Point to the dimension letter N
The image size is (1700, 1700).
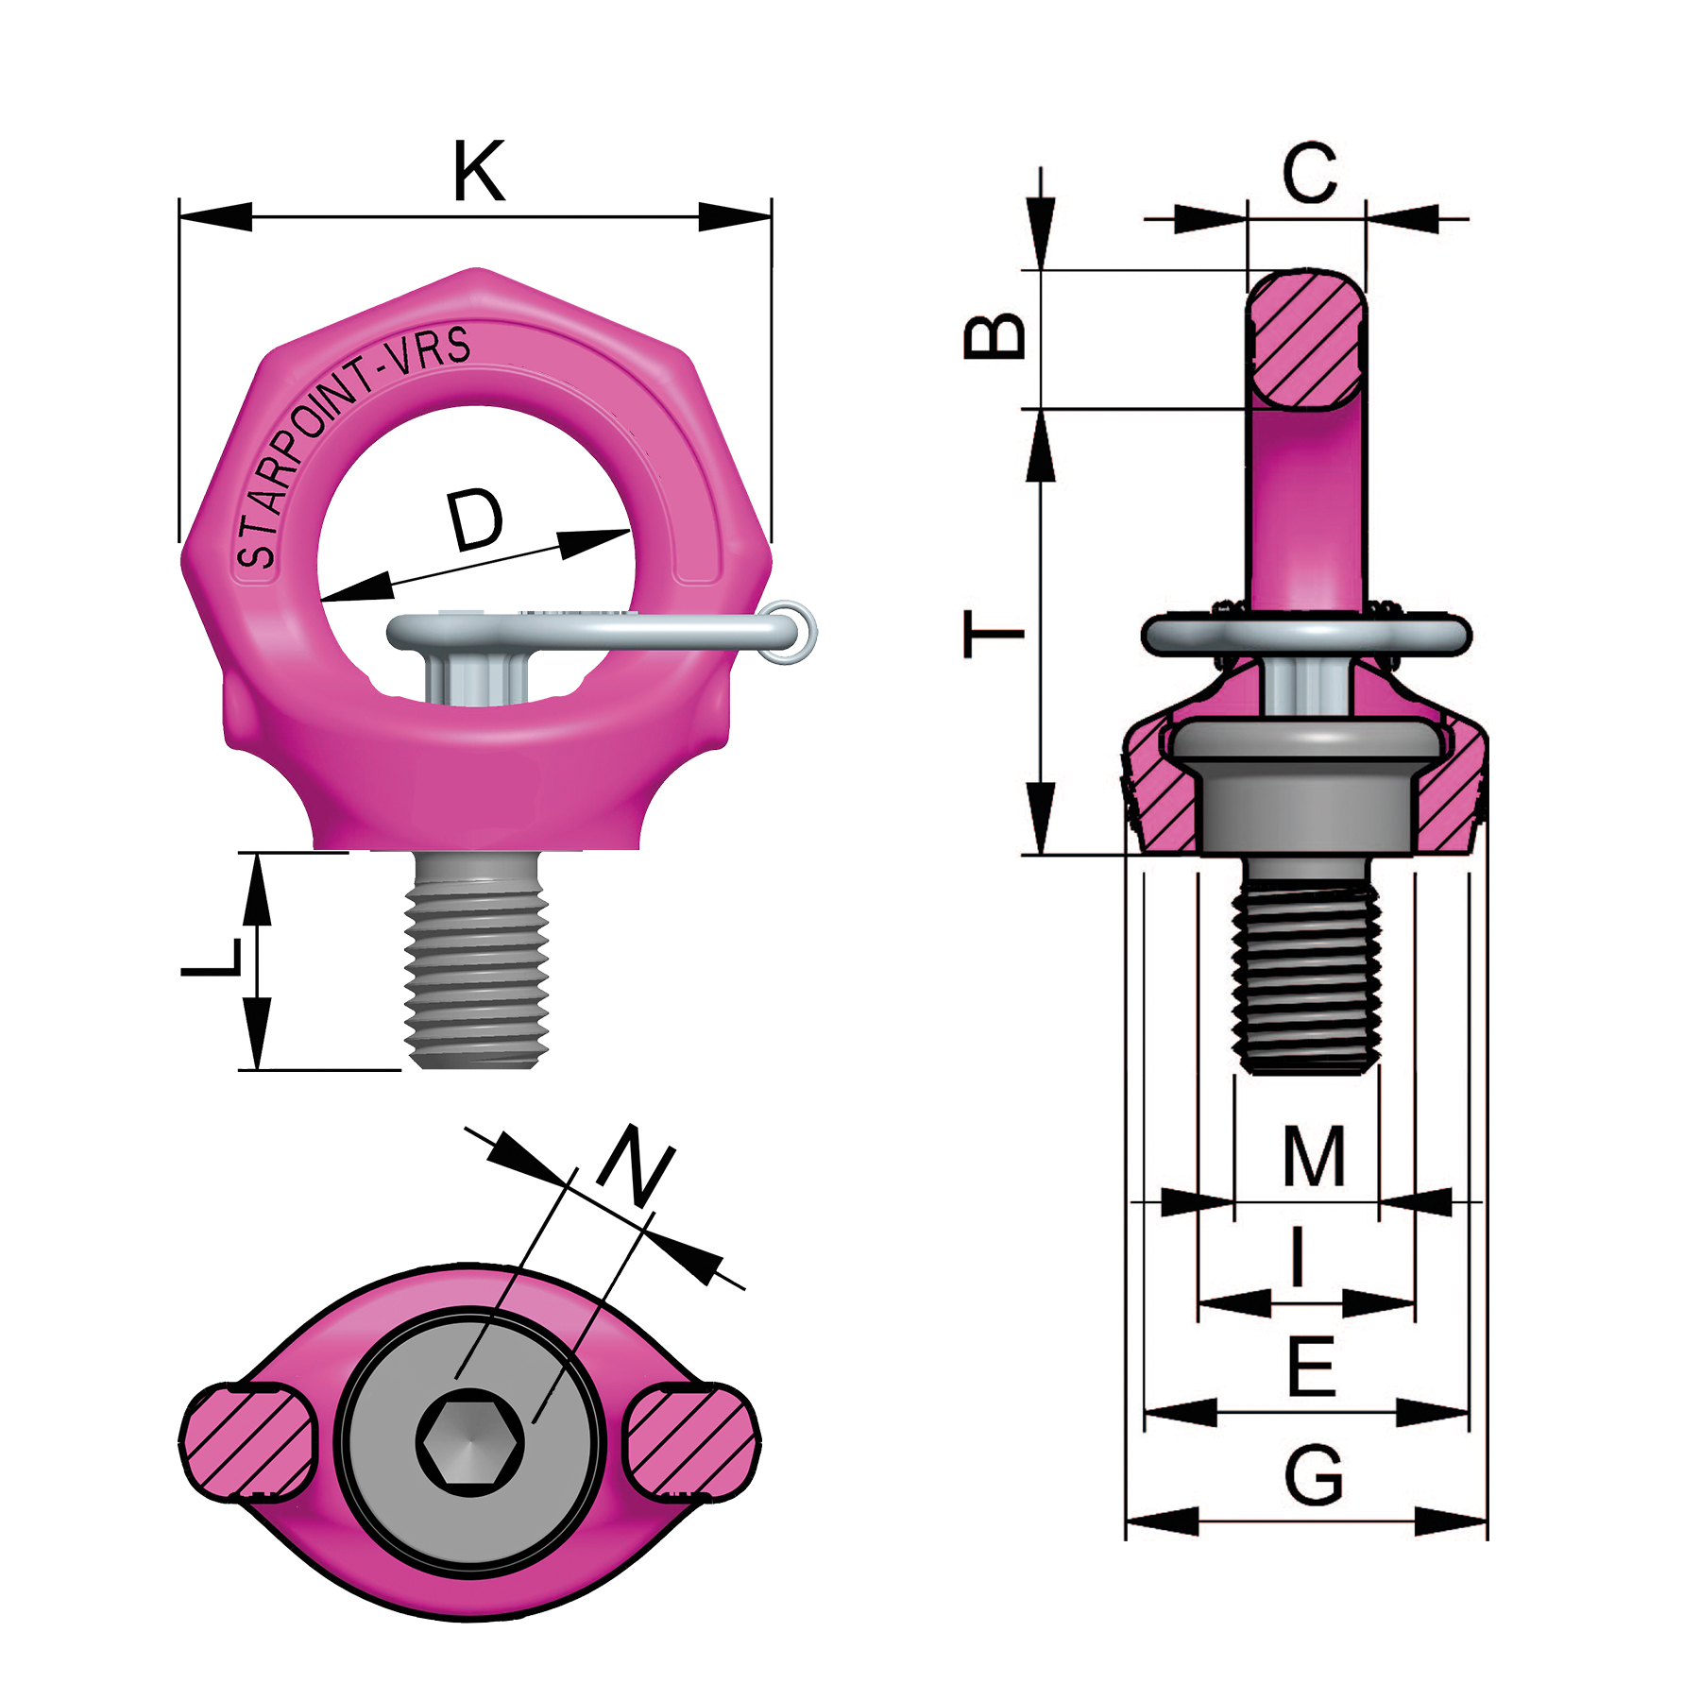636,1167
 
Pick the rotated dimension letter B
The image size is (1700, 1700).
994,335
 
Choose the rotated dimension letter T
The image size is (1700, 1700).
994,634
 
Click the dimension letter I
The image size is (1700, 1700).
1299,1256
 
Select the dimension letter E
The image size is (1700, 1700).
1312,1367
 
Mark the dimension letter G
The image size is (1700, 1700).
1314,1475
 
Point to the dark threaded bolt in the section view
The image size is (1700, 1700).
1306,973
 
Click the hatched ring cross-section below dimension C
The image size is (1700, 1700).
1306,340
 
